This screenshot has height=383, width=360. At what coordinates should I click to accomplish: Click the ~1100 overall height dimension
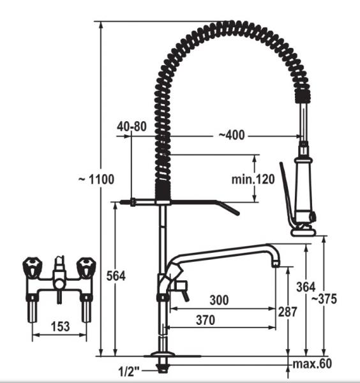(x=96, y=179)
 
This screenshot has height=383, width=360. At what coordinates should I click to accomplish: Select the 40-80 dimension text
(x=131, y=126)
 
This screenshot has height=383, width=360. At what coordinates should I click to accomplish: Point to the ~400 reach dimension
(x=231, y=135)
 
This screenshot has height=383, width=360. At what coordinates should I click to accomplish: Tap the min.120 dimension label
(x=253, y=179)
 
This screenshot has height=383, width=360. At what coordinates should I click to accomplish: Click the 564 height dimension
(x=116, y=276)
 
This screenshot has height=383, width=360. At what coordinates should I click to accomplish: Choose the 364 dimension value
(x=306, y=287)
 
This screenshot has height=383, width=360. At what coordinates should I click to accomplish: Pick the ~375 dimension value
(x=324, y=299)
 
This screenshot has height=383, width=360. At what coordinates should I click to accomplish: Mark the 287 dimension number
(x=287, y=312)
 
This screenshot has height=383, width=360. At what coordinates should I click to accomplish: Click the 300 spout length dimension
(x=220, y=300)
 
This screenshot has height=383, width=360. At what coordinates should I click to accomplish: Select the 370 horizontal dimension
(x=206, y=320)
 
